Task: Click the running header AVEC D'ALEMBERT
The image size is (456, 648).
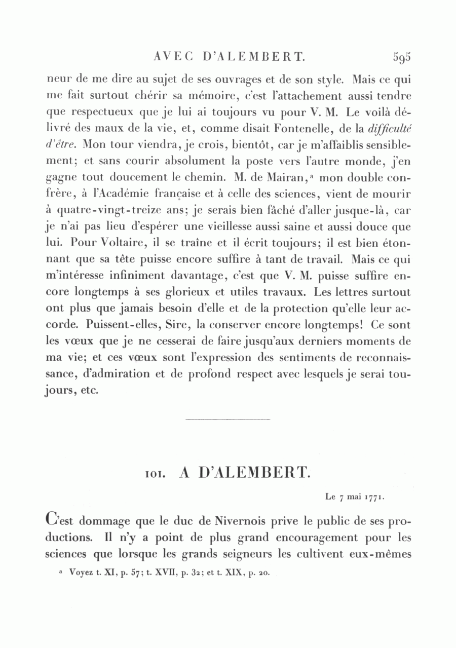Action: click(229, 56)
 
